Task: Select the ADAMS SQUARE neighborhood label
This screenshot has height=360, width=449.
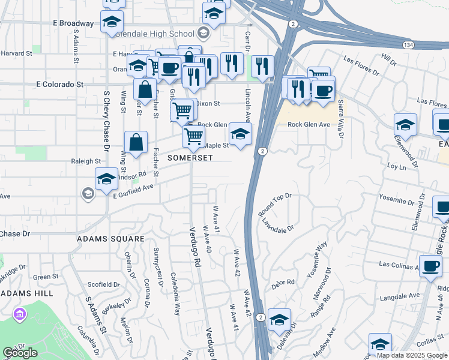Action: click(110, 239)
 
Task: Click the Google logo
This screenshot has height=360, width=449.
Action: click(20, 353)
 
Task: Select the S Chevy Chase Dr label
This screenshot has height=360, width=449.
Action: click(106, 121)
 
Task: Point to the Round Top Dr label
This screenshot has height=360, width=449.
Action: click(275, 204)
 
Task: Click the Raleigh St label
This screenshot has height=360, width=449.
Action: click(86, 161)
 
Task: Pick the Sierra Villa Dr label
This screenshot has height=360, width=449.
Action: click(340, 119)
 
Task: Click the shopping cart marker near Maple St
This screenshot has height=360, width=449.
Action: click(193, 136)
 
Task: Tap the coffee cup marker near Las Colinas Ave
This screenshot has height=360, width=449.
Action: click(430, 265)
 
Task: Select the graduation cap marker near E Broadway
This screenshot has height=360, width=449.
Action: click(112, 21)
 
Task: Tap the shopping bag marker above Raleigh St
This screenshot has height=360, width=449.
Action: click(136, 142)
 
